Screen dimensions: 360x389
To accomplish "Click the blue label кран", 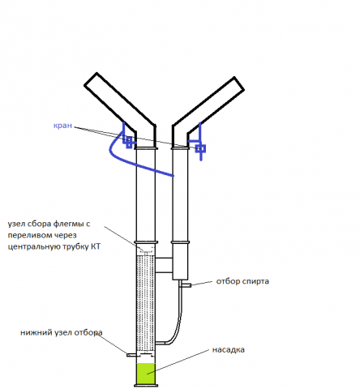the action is [x=62, y=126].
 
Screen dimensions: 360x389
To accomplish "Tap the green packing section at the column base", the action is [x=146, y=374].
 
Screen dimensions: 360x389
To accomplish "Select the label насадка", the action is [x=229, y=350].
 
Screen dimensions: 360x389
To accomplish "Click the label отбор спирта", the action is [x=242, y=281].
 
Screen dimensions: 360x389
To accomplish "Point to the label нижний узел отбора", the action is [x=62, y=332].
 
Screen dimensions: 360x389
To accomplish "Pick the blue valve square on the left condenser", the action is [x=129, y=142].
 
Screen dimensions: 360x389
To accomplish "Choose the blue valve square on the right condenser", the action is [x=200, y=148].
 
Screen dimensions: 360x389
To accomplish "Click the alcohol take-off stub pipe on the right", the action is [x=186, y=285].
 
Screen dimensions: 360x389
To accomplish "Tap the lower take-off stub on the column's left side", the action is [x=131, y=355].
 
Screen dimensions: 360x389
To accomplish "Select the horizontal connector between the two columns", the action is [x=164, y=265].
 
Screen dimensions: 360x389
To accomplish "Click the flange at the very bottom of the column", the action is [x=146, y=385].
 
